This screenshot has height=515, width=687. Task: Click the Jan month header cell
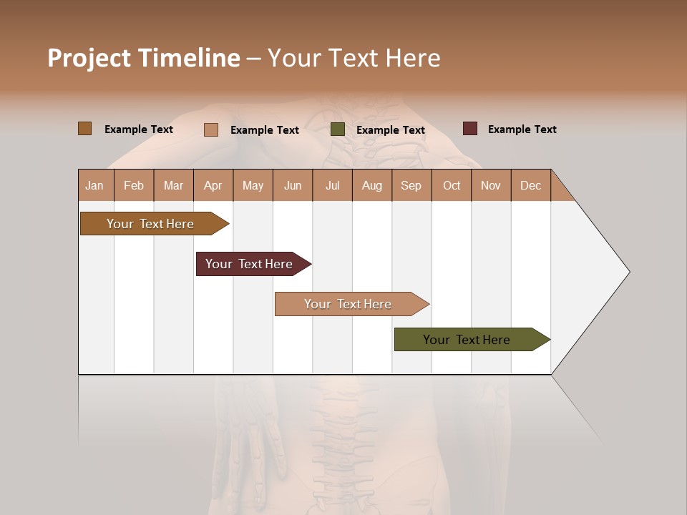95,185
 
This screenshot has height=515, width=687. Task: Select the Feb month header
134,185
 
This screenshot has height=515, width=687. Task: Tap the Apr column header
213,185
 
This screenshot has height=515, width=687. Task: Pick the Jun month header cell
293,185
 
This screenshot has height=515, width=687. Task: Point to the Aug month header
372,185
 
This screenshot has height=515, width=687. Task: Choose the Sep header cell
411,185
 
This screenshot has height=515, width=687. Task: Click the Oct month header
452,185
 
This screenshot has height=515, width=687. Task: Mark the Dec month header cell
531,185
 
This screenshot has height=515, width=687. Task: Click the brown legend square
84,129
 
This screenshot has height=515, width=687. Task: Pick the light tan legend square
211,129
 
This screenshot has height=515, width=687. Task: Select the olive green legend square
338,129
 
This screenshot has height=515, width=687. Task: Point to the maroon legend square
470,129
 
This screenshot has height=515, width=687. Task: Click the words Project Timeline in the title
144,58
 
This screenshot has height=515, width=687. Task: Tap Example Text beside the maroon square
522,129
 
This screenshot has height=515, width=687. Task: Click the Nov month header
491,185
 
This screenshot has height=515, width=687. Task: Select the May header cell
253,185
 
